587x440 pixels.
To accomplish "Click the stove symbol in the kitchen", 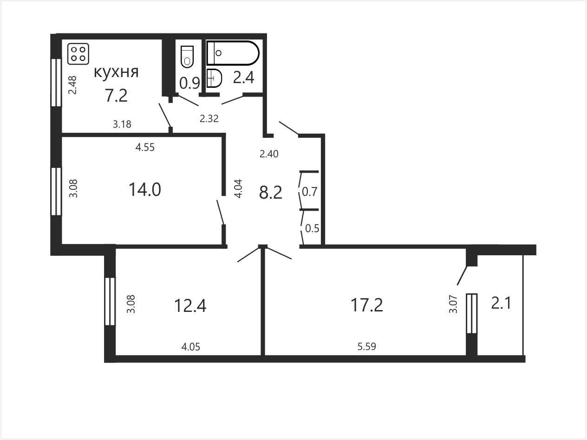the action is click(78, 54).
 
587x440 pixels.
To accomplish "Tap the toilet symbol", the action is click(187, 57).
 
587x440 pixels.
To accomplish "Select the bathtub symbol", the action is click(233, 53).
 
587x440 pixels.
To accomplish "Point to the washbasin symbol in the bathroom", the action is click(214, 78).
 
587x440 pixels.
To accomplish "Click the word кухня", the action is click(116, 72).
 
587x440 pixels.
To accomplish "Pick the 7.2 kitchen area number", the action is click(116, 95).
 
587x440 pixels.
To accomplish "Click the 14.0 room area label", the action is click(145, 189).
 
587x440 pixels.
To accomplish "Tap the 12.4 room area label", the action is click(190, 305).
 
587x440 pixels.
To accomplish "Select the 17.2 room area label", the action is click(366, 305).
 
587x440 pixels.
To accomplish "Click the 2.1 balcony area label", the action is click(501, 304).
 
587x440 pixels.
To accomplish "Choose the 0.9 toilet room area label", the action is click(189, 83).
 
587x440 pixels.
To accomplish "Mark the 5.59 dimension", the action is click(366, 347).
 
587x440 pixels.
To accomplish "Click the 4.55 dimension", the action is click(145, 147).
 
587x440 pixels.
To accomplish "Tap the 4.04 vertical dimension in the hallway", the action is click(238, 188).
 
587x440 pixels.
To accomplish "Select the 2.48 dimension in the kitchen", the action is click(72, 85).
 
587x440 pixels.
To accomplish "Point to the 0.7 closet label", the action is click(309, 192).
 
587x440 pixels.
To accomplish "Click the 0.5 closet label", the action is click(312, 228).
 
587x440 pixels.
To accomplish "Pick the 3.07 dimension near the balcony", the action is click(453, 304).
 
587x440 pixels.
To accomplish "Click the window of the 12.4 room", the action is click(110, 301).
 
